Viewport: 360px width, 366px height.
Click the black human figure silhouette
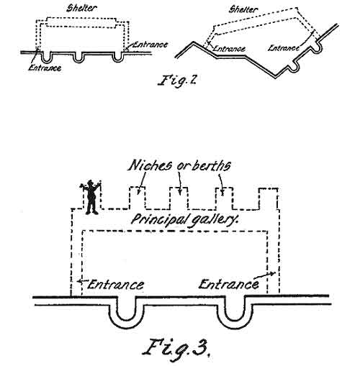coord(90,197)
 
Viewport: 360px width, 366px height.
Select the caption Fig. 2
coord(177,81)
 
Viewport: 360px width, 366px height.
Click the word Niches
coord(150,165)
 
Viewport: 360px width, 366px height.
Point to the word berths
coord(211,165)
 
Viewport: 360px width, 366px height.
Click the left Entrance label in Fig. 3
coord(116,285)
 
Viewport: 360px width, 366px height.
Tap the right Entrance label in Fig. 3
coord(228,285)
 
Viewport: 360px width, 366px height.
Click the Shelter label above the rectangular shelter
coord(82,8)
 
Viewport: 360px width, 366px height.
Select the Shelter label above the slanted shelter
coord(243,9)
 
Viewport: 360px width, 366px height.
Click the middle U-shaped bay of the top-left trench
coord(78,57)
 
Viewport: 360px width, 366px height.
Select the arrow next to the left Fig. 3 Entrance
coord(82,280)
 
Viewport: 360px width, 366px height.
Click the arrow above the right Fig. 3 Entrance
coord(264,275)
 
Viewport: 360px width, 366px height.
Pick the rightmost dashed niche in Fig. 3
coord(269,198)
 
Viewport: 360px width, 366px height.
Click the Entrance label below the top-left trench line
coord(45,68)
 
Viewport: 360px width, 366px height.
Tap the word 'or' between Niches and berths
coord(182,167)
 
